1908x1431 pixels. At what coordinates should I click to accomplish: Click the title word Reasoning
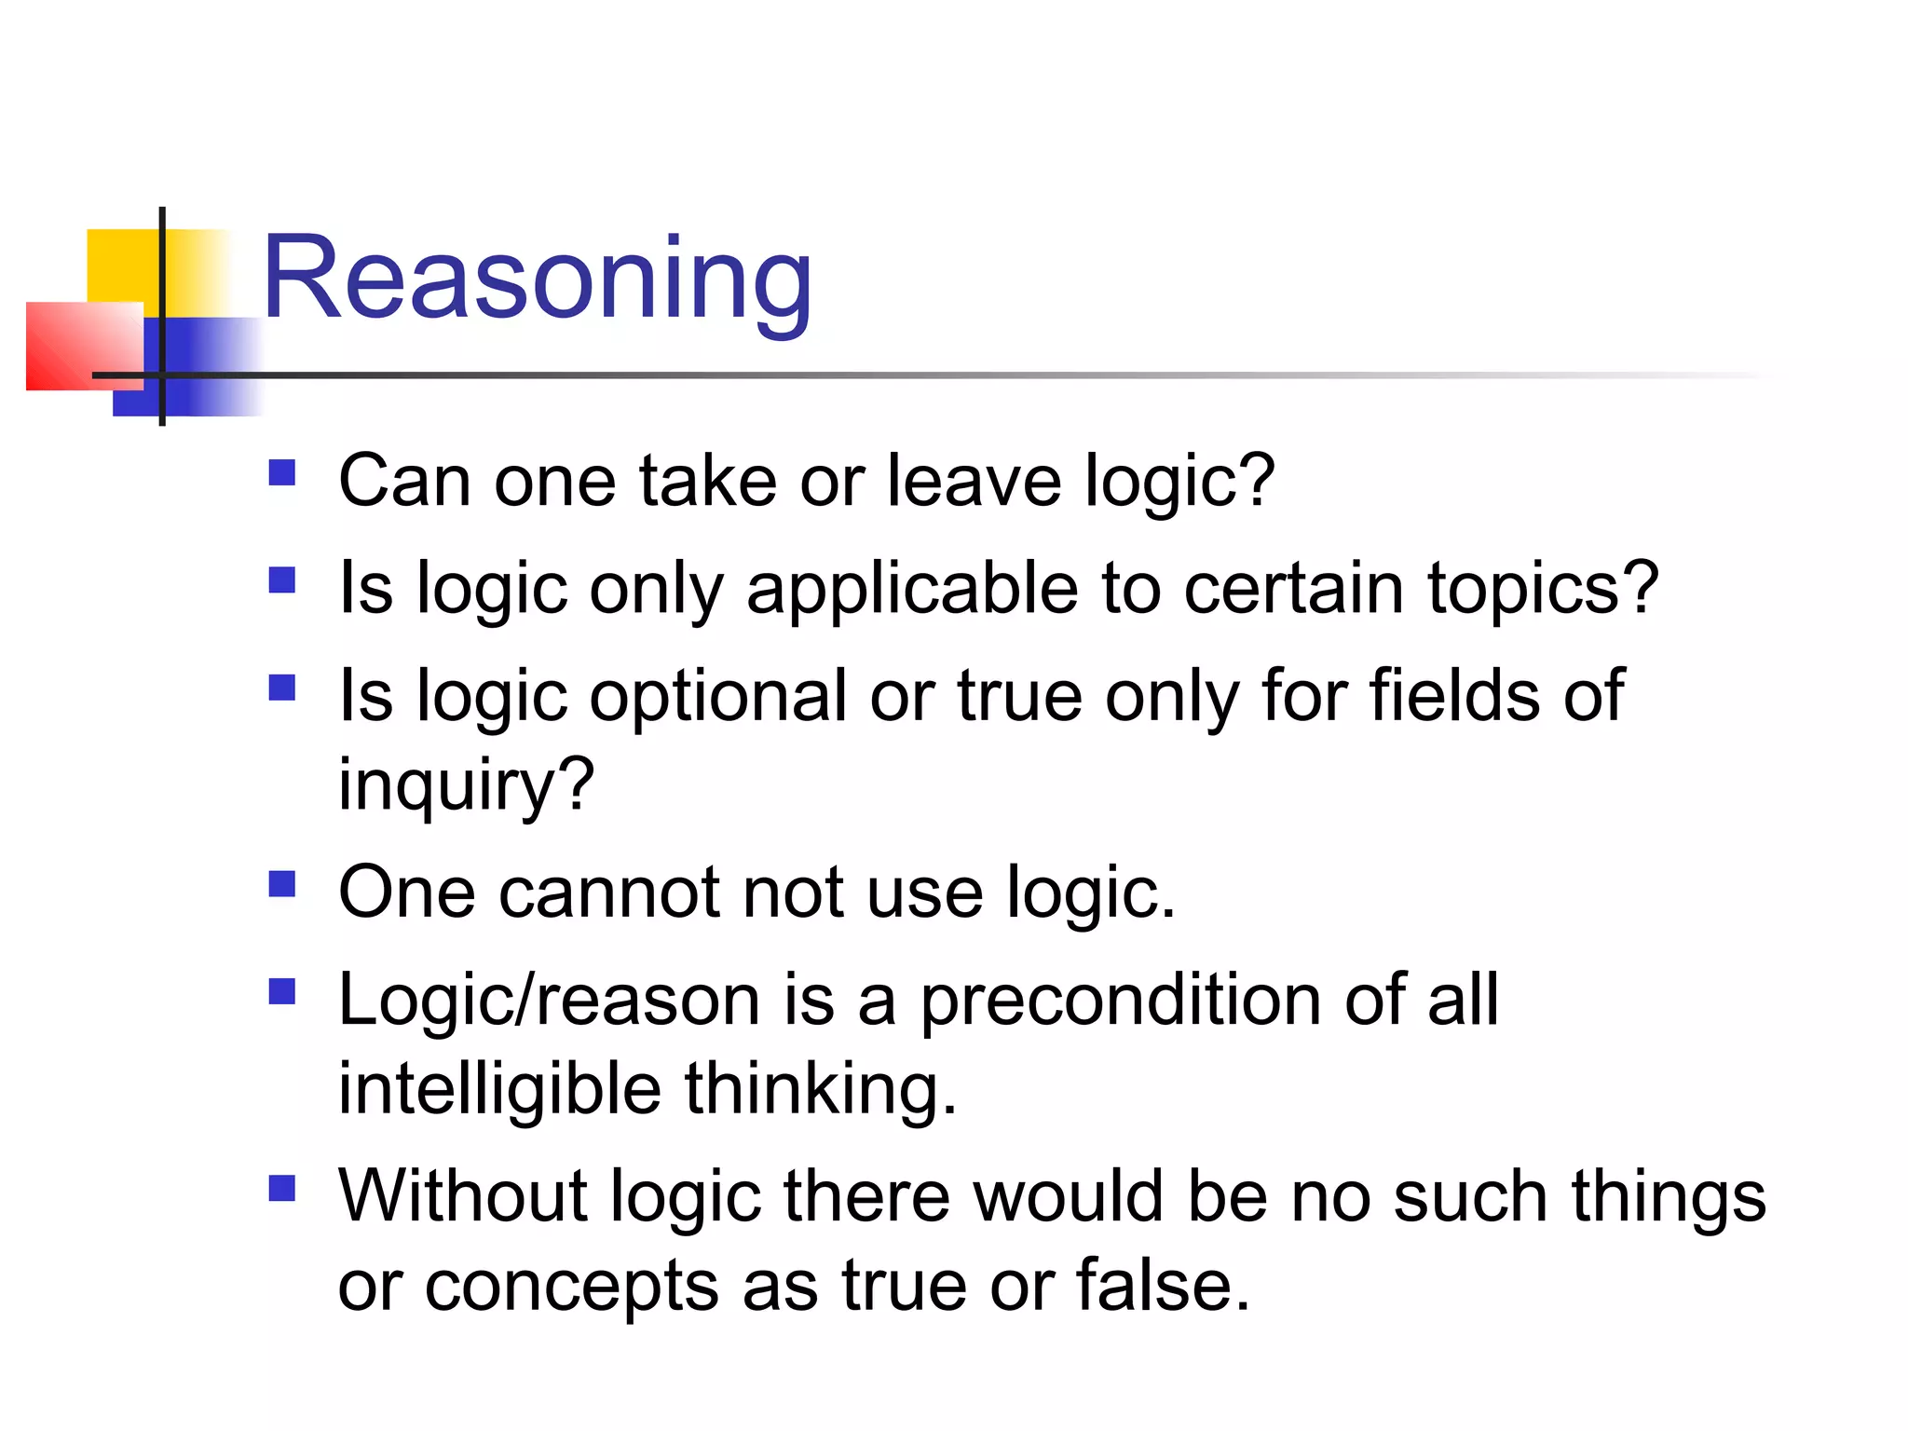[538, 279]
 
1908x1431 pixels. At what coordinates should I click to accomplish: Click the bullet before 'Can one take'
[281, 473]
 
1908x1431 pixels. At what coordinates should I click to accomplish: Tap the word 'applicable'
[911, 589]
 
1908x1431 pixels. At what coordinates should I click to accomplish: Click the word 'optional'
[716, 696]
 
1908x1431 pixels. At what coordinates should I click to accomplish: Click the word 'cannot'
[609, 893]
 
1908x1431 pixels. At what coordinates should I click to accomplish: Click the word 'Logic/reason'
[549, 1001]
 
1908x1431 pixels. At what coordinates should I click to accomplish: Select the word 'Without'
[462, 1196]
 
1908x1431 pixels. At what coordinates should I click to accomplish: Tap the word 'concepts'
[571, 1286]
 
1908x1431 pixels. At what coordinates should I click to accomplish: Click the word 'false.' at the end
[1163, 1286]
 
